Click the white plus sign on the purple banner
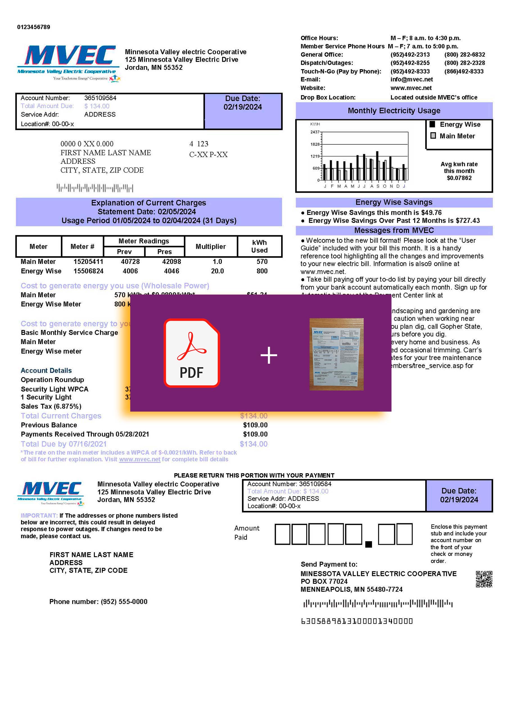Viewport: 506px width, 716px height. [268, 355]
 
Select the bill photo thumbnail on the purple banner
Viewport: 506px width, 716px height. [336, 354]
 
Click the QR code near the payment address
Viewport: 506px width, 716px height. [484, 579]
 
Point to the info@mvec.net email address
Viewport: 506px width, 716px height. [411, 80]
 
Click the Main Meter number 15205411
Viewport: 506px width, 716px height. [88, 262]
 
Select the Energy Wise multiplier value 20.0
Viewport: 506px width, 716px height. [217, 271]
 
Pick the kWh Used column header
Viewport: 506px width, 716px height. [259, 246]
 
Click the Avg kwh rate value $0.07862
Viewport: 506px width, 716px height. [459, 178]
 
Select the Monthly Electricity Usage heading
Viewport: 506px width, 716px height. [394, 111]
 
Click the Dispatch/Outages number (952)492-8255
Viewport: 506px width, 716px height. [410, 63]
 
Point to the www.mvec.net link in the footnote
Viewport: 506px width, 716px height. [140, 459]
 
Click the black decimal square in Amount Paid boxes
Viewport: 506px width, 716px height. [368, 544]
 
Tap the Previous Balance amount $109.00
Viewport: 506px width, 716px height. [255, 425]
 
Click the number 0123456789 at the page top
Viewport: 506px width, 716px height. [34, 27]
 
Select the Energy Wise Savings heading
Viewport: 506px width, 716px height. [394, 202]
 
